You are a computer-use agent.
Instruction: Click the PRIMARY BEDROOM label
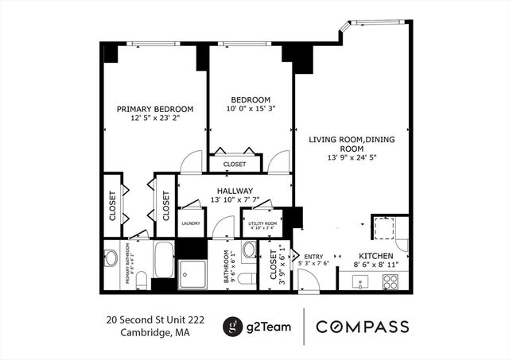tap(155, 109)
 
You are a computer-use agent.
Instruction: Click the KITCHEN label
tap(375, 256)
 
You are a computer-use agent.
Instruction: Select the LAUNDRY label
tap(190, 224)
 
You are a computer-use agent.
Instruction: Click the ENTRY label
tap(312, 256)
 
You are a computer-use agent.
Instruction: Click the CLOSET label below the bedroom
tap(235, 165)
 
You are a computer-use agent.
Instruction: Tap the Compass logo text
tap(363, 327)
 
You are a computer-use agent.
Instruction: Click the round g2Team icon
tap(231, 327)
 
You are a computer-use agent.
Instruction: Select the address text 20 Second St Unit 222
tap(155, 319)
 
